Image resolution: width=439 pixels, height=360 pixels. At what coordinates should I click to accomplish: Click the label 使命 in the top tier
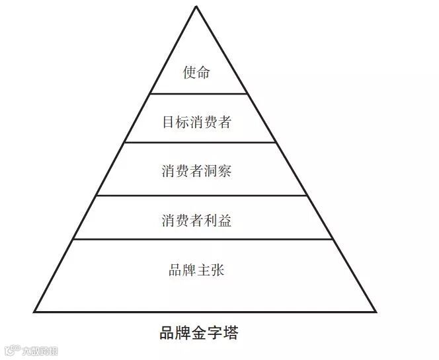pyautogui.click(x=196, y=72)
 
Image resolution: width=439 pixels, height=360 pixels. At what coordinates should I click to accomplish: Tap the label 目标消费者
pyautogui.click(x=196, y=122)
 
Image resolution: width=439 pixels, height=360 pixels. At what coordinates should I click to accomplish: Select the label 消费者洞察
pyautogui.click(x=196, y=171)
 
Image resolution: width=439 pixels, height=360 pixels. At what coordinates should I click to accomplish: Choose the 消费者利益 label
pyautogui.click(x=196, y=221)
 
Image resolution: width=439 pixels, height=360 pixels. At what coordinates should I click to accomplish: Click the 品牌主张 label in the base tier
pyautogui.click(x=196, y=270)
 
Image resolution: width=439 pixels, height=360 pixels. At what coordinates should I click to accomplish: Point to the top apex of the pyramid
pyautogui.click(x=196, y=6)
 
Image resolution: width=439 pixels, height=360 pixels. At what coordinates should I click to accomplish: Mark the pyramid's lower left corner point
pyautogui.click(x=34, y=311)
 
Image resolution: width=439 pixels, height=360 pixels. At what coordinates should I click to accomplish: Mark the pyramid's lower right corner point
pyautogui.click(x=376, y=311)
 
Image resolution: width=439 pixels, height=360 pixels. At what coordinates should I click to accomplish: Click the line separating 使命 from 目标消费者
pyautogui.click(x=198, y=94)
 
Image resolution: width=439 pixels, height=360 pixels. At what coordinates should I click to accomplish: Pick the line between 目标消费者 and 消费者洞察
pyautogui.click(x=198, y=142)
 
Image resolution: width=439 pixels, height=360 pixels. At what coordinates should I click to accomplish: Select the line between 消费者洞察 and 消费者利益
pyautogui.click(x=198, y=195)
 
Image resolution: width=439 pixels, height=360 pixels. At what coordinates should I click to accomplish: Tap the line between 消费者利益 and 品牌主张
pyautogui.click(x=198, y=239)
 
